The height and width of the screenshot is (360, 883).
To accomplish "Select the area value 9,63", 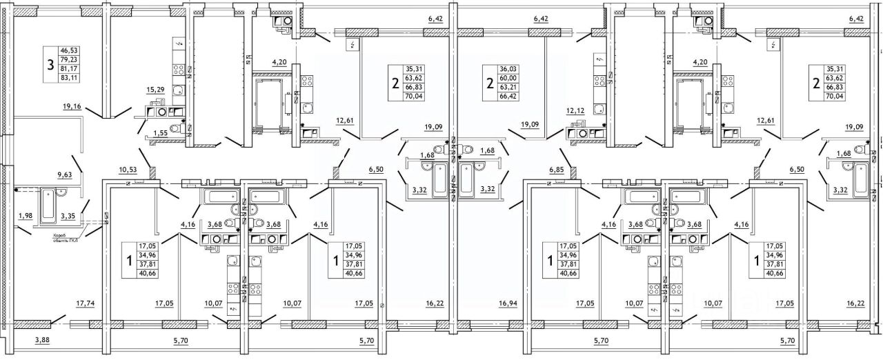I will click(x=65, y=175).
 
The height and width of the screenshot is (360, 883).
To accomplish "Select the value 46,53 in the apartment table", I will click(x=69, y=50).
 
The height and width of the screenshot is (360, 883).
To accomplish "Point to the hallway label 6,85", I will click(x=557, y=169).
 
